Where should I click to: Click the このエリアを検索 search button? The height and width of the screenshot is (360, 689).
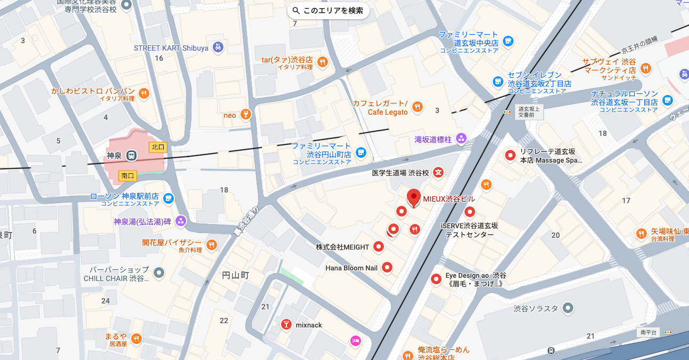tap(328, 10)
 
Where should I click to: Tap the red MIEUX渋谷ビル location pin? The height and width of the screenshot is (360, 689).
tap(413, 198)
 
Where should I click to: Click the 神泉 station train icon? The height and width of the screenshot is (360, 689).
tap(131, 156)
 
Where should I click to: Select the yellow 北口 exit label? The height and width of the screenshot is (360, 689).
tap(158, 147)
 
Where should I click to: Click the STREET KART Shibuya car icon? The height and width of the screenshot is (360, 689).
tap(218, 47)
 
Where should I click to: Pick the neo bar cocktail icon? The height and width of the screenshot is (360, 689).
tap(245, 115)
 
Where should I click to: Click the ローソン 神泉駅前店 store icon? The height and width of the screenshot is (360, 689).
tap(169, 198)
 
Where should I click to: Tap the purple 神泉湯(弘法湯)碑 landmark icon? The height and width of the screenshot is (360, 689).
tap(181, 221)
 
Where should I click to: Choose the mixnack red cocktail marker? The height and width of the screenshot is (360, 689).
tap(286, 324)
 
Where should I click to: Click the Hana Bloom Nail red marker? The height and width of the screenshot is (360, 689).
tap(388, 268)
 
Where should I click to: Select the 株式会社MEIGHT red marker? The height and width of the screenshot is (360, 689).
tap(379, 246)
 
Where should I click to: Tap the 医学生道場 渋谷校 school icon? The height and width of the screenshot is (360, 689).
tap(438, 172)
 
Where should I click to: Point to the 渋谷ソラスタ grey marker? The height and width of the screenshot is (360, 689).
tap(568, 308)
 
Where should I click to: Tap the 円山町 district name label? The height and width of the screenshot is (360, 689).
tap(235, 275)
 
